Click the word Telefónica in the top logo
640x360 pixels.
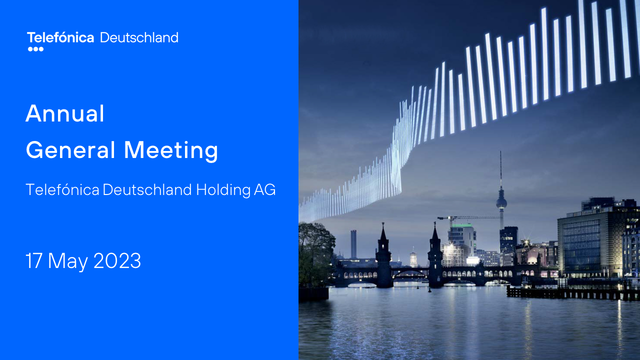tap(60, 37)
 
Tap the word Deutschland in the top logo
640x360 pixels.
tap(139, 37)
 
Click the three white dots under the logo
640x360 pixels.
tap(35, 49)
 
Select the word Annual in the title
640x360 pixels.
tap(65, 113)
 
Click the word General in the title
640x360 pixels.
tap(70, 149)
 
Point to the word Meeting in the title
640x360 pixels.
tap(171, 151)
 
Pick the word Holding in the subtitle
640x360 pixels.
tap(223, 189)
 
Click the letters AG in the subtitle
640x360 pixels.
tap(265, 189)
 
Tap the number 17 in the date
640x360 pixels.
tap(34, 260)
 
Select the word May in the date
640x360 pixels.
tap(68, 261)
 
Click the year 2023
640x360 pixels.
tap(117, 260)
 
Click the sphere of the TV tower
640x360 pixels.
tap(501, 203)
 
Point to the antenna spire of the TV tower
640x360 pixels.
tap(500, 168)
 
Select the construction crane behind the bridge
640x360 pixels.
tap(468, 218)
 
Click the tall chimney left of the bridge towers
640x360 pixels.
tap(353, 244)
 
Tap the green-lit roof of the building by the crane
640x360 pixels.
tap(461, 225)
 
